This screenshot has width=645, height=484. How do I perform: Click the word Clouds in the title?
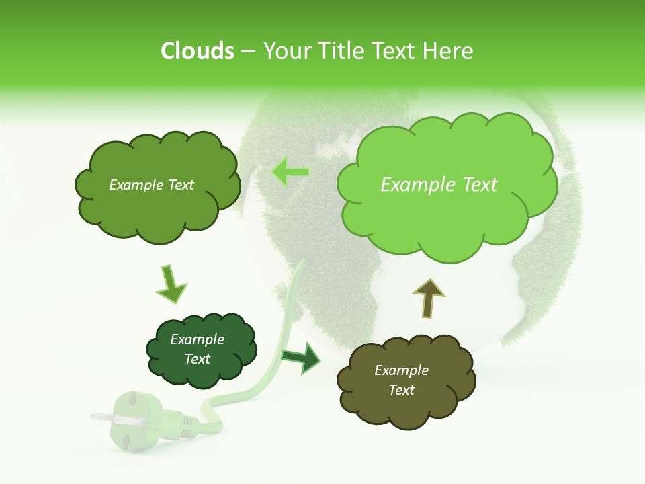pyautogui.click(x=198, y=51)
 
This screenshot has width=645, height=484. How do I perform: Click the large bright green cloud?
pyautogui.click(x=447, y=215)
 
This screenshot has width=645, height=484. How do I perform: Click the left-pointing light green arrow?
pyautogui.click(x=290, y=172)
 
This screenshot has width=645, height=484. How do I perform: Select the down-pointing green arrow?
pyautogui.click(x=171, y=284)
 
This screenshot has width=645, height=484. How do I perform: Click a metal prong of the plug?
pyautogui.click(x=101, y=417)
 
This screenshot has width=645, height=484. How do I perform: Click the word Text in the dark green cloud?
pyautogui.click(x=198, y=359)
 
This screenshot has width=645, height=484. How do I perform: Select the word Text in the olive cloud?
pyautogui.click(x=401, y=390)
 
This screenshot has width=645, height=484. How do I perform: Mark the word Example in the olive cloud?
pyautogui.click(x=401, y=370)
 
